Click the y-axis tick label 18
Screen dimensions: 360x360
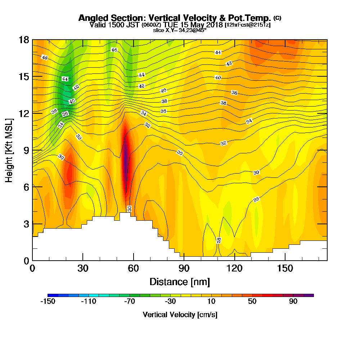point(24,40)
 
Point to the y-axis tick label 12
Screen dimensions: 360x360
point(24,113)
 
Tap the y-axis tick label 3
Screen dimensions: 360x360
point(26,224)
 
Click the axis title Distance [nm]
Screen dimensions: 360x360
point(180,282)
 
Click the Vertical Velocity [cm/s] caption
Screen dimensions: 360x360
point(180,315)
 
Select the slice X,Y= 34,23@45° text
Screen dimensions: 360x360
point(180,30)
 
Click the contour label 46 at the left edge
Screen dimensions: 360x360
point(44,58)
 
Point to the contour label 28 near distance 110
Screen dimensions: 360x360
point(219,240)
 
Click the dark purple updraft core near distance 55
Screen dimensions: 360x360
point(125,162)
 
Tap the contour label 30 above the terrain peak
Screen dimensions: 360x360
point(129,208)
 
